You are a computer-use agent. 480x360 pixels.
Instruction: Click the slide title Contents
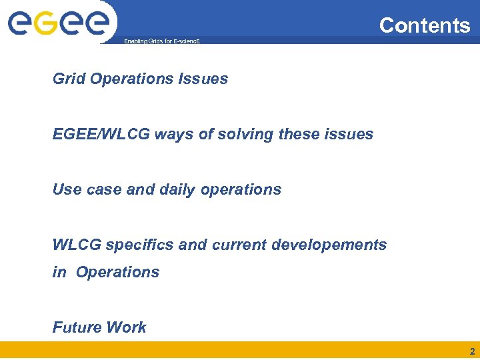coord(425,25)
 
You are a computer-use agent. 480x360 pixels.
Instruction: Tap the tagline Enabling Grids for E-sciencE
coord(162,41)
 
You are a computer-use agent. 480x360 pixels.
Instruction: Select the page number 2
coord(472,351)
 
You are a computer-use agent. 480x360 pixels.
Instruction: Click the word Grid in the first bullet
coord(69,79)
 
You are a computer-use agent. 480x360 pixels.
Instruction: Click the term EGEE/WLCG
coord(101,134)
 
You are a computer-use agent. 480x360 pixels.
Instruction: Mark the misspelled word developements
coord(329,245)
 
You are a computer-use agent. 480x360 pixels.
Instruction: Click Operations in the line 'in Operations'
coord(117,272)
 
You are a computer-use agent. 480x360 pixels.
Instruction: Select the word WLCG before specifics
coord(77,245)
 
